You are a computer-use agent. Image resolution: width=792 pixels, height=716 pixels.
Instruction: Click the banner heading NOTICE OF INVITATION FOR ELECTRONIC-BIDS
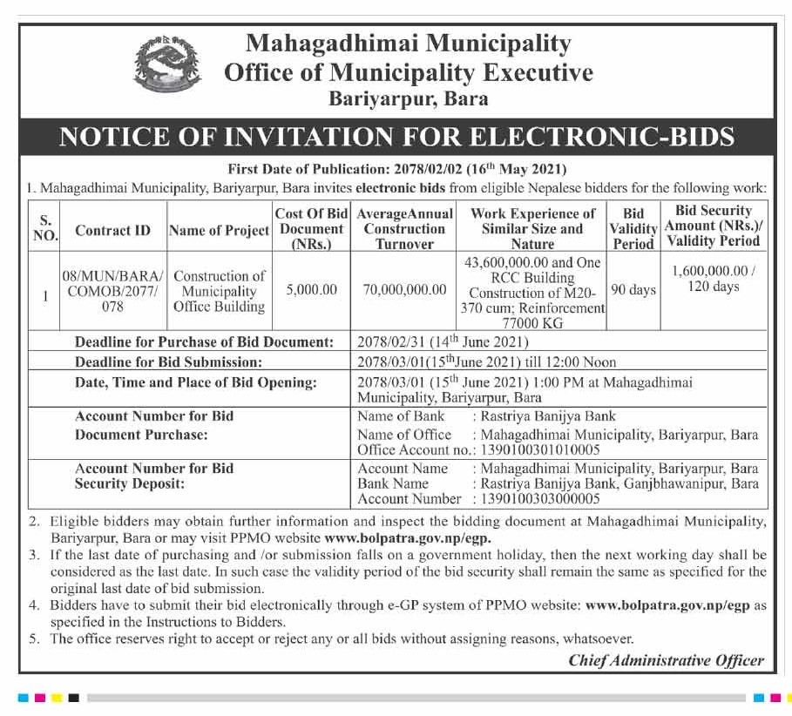tap(396, 138)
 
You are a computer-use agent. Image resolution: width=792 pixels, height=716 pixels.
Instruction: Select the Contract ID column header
tap(112, 231)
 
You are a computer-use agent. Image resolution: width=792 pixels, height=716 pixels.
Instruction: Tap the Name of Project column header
tap(219, 231)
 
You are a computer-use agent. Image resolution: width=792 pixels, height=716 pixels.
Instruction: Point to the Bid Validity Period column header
tap(633, 228)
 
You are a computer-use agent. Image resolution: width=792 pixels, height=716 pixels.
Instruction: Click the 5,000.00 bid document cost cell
tap(311, 290)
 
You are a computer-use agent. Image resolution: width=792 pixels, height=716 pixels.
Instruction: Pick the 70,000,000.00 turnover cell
tap(403, 290)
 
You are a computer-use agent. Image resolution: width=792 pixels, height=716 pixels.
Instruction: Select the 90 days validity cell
tap(633, 290)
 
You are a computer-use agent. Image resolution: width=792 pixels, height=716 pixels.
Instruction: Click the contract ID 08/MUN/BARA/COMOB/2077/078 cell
tap(112, 291)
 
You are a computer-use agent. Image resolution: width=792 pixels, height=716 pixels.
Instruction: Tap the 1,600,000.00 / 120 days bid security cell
tap(714, 280)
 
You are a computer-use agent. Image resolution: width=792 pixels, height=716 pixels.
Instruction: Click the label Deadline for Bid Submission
tap(168, 361)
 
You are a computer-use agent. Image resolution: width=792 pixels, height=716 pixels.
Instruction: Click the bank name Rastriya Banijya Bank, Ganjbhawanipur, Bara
tap(615, 483)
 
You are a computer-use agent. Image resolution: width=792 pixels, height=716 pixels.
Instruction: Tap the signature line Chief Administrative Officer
tap(666, 660)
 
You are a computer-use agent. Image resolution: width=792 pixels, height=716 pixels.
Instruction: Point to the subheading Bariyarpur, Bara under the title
tap(408, 99)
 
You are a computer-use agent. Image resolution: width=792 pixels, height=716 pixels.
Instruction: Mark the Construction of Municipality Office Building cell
tap(219, 291)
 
